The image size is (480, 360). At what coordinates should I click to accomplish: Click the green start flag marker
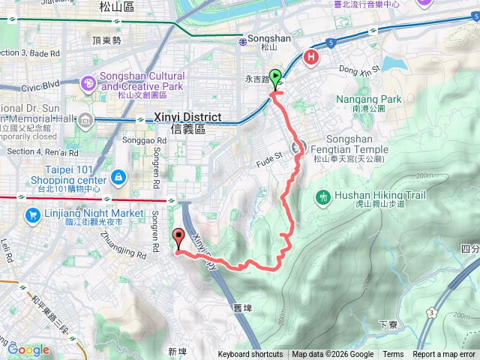pyautogui.click(x=275, y=77)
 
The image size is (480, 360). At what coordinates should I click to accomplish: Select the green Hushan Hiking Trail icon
pyautogui.click(x=323, y=196)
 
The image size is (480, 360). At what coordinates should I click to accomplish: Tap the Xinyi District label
pyautogui.click(x=187, y=122)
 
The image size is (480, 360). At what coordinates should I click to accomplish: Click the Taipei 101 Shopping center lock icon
pyautogui.click(x=118, y=177)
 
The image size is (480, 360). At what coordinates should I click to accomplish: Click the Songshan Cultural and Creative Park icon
pyautogui.click(x=88, y=81)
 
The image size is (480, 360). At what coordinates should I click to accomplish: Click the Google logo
pyautogui.click(x=28, y=349)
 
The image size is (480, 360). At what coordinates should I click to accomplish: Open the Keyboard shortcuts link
pyautogui.click(x=250, y=355)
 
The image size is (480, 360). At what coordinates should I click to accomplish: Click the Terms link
pyautogui.click(x=393, y=355)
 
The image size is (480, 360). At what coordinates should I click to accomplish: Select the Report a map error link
pyautogui.click(x=444, y=355)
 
